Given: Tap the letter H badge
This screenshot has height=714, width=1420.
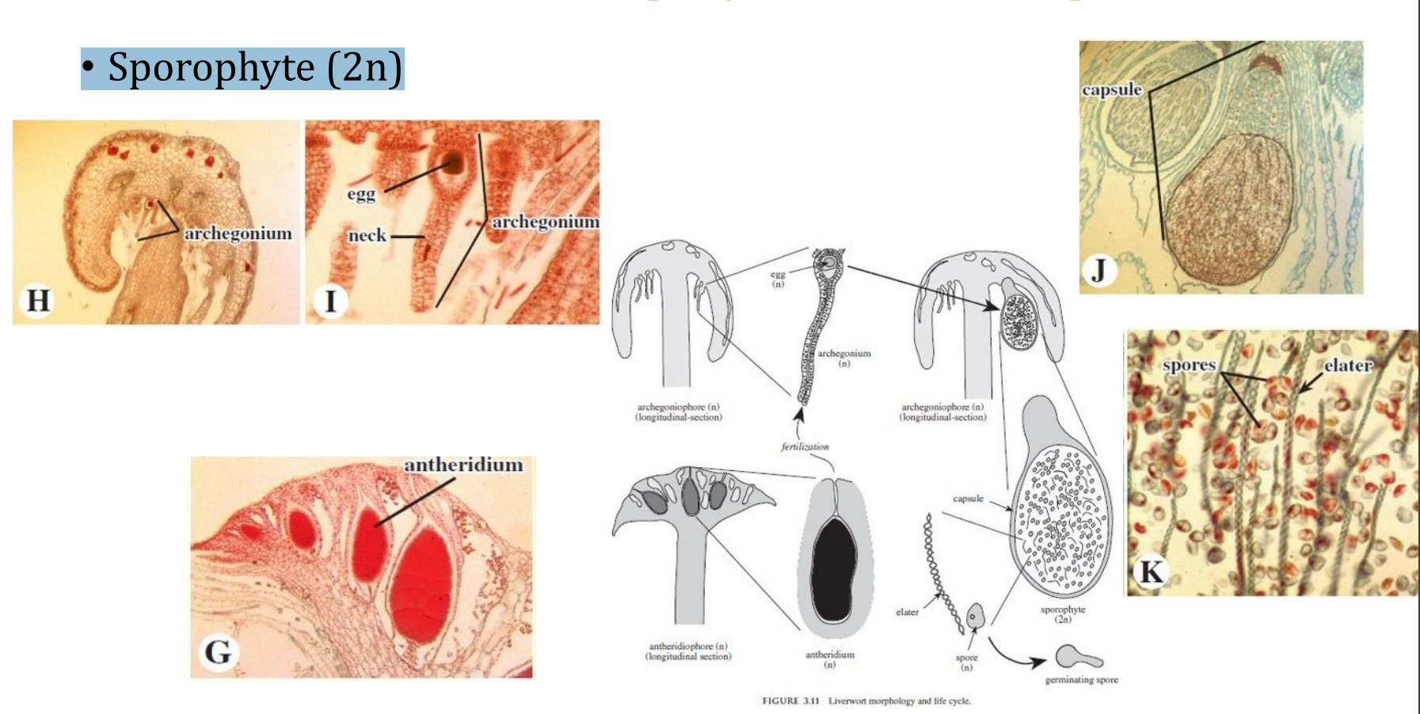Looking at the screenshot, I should [x=38, y=301].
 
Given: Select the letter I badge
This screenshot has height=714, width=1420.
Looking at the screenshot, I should [x=330, y=301].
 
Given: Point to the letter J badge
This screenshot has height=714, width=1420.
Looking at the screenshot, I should [x=1098, y=271].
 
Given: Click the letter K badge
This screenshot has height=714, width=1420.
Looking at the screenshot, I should [x=1151, y=571].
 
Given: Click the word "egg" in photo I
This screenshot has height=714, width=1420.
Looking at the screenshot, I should [x=361, y=194].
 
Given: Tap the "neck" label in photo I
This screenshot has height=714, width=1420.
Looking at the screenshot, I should [x=367, y=235].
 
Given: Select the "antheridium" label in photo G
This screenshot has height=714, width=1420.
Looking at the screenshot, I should [x=463, y=465].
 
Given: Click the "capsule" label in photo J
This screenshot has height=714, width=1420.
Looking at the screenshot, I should [x=1112, y=89].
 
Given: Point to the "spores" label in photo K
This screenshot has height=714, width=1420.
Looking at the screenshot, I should [x=1189, y=365].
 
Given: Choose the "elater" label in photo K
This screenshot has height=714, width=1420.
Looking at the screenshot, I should [x=1348, y=365].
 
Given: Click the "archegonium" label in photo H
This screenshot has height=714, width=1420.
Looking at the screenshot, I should [x=238, y=234].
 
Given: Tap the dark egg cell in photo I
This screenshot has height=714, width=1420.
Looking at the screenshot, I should [x=454, y=163].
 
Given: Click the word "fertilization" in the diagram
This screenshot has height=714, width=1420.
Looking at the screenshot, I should [x=805, y=446].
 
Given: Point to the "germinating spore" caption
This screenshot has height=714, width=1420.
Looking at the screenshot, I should [x=1081, y=680].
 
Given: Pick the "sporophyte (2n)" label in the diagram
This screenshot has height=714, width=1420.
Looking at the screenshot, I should [x=1063, y=614].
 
